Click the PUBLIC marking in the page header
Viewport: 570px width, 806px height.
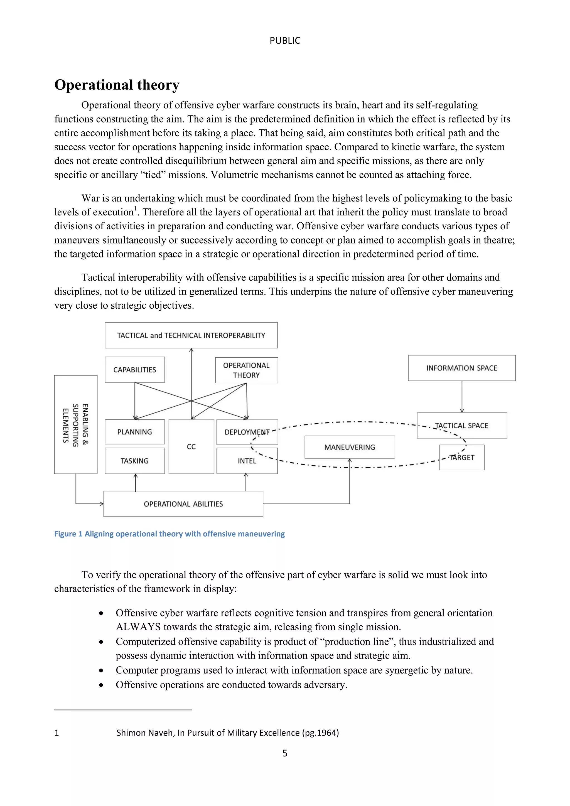tap(285, 41)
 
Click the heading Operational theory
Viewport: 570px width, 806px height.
tap(117, 85)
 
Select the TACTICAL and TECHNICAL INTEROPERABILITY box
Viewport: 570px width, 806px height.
tap(191, 335)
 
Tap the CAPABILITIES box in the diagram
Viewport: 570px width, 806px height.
tap(134, 370)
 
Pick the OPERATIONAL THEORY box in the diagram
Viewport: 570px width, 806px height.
tap(246, 370)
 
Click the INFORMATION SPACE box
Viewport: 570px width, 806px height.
tap(461, 368)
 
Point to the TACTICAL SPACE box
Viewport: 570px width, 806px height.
tap(461, 426)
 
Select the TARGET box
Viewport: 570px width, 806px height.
tap(461, 458)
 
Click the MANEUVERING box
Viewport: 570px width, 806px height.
tap(349, 447)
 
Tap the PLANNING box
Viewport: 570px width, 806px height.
tap(134, 432)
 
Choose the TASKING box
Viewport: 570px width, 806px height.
tap(134, 461)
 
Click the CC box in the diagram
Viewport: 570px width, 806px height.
tap(191, 446)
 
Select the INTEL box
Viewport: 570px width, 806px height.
tap(247, 461)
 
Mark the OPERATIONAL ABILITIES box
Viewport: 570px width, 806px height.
tap(183, 504)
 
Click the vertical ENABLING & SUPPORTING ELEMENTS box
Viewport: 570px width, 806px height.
tap(75, 424)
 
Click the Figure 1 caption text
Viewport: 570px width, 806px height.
tap(169, 534)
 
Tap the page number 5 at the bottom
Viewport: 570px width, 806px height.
tap(285, 753)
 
